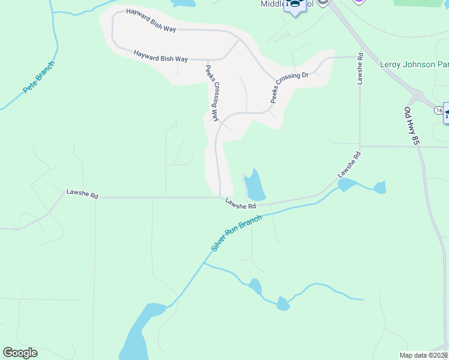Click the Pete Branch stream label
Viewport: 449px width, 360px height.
coord(38,77)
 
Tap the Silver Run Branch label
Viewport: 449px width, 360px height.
coord(237,234)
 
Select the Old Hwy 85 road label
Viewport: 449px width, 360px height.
coord(411,127)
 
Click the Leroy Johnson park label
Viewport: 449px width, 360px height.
coord(414,64)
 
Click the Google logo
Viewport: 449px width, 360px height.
coord(20,353)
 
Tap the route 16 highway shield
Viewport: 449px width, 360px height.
coord(439,110)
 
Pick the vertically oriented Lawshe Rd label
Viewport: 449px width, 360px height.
coord(360,68)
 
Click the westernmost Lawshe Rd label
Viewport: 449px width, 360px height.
coord(82,193)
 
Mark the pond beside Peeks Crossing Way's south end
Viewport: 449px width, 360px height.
coord(255,185)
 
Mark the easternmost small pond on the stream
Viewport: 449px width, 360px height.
coord(379,188)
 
